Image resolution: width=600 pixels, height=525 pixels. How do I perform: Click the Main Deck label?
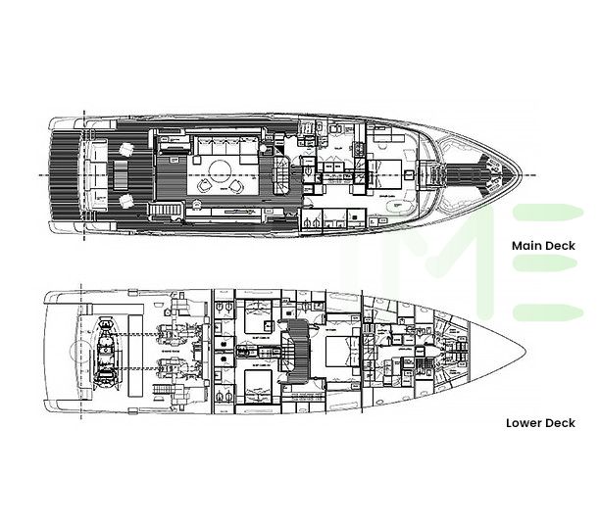point(543,247)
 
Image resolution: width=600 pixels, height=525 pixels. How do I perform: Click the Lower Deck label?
point(540,424)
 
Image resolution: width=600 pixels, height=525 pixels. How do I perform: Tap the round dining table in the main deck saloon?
point(207,184)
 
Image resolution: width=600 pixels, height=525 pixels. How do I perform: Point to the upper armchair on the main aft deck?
point(126,150)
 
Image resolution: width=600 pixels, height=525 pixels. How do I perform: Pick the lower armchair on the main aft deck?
point(126,202)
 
